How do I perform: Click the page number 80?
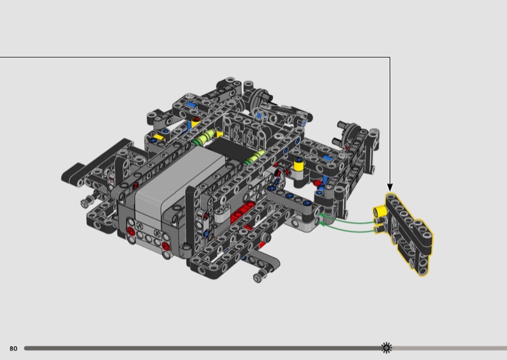click(13, 349)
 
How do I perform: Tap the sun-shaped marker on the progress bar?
click(386, 348)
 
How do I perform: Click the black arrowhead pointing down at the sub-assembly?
click(390, 187)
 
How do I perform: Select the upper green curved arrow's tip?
click(319, 214)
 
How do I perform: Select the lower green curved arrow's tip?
click(320, 223)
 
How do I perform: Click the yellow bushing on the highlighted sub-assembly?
click(380, 211)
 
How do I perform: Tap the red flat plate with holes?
click(243, 211)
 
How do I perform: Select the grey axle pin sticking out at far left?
click(86, 202)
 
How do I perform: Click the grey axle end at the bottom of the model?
click(259, 277)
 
